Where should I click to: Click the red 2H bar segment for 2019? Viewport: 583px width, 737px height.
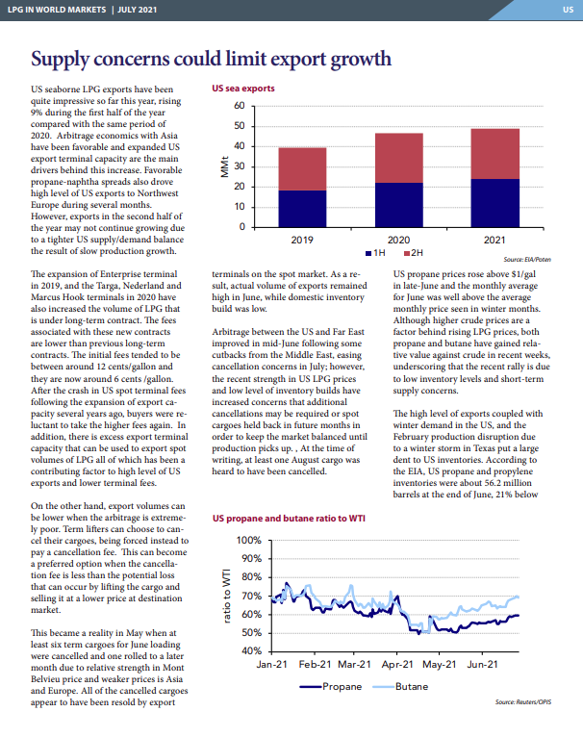[x=302, y=169]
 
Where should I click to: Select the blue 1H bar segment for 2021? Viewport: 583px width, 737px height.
[x=495, y=203]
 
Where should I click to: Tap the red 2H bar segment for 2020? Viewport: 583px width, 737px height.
[x=398, y=158]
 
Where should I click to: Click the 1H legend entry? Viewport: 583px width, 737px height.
[x=375, y=253]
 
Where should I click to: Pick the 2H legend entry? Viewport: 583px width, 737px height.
[x=414, y=253]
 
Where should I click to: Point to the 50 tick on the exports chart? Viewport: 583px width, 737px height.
[x=240, y=126]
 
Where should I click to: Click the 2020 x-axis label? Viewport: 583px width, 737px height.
[x=398, y=241]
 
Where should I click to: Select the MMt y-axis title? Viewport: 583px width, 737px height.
[x=225, y=166]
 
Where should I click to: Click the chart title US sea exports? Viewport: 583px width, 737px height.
[x=243, y=89]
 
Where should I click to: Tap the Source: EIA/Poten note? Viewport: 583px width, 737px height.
[x=527, y=260]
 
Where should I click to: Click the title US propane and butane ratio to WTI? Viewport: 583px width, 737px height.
[x=289, y=519]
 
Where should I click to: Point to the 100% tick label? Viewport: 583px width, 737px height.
[x=249, y=540]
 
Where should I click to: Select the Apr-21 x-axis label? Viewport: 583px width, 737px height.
[x=397, y=665]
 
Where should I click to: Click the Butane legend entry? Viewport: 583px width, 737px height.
[x=400, y=687]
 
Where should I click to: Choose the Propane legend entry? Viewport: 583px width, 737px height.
[x=331, y=687]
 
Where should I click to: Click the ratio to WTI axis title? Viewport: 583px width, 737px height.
[x=227, y=596]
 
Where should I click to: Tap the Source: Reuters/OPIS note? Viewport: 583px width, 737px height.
[x=522, y=702]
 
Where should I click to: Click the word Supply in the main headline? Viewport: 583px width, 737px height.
[x=61, y=61]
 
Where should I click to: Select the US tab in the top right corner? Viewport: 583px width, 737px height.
[x=568, y=10]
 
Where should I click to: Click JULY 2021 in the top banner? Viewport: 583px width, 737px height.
[x=138, y=10]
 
